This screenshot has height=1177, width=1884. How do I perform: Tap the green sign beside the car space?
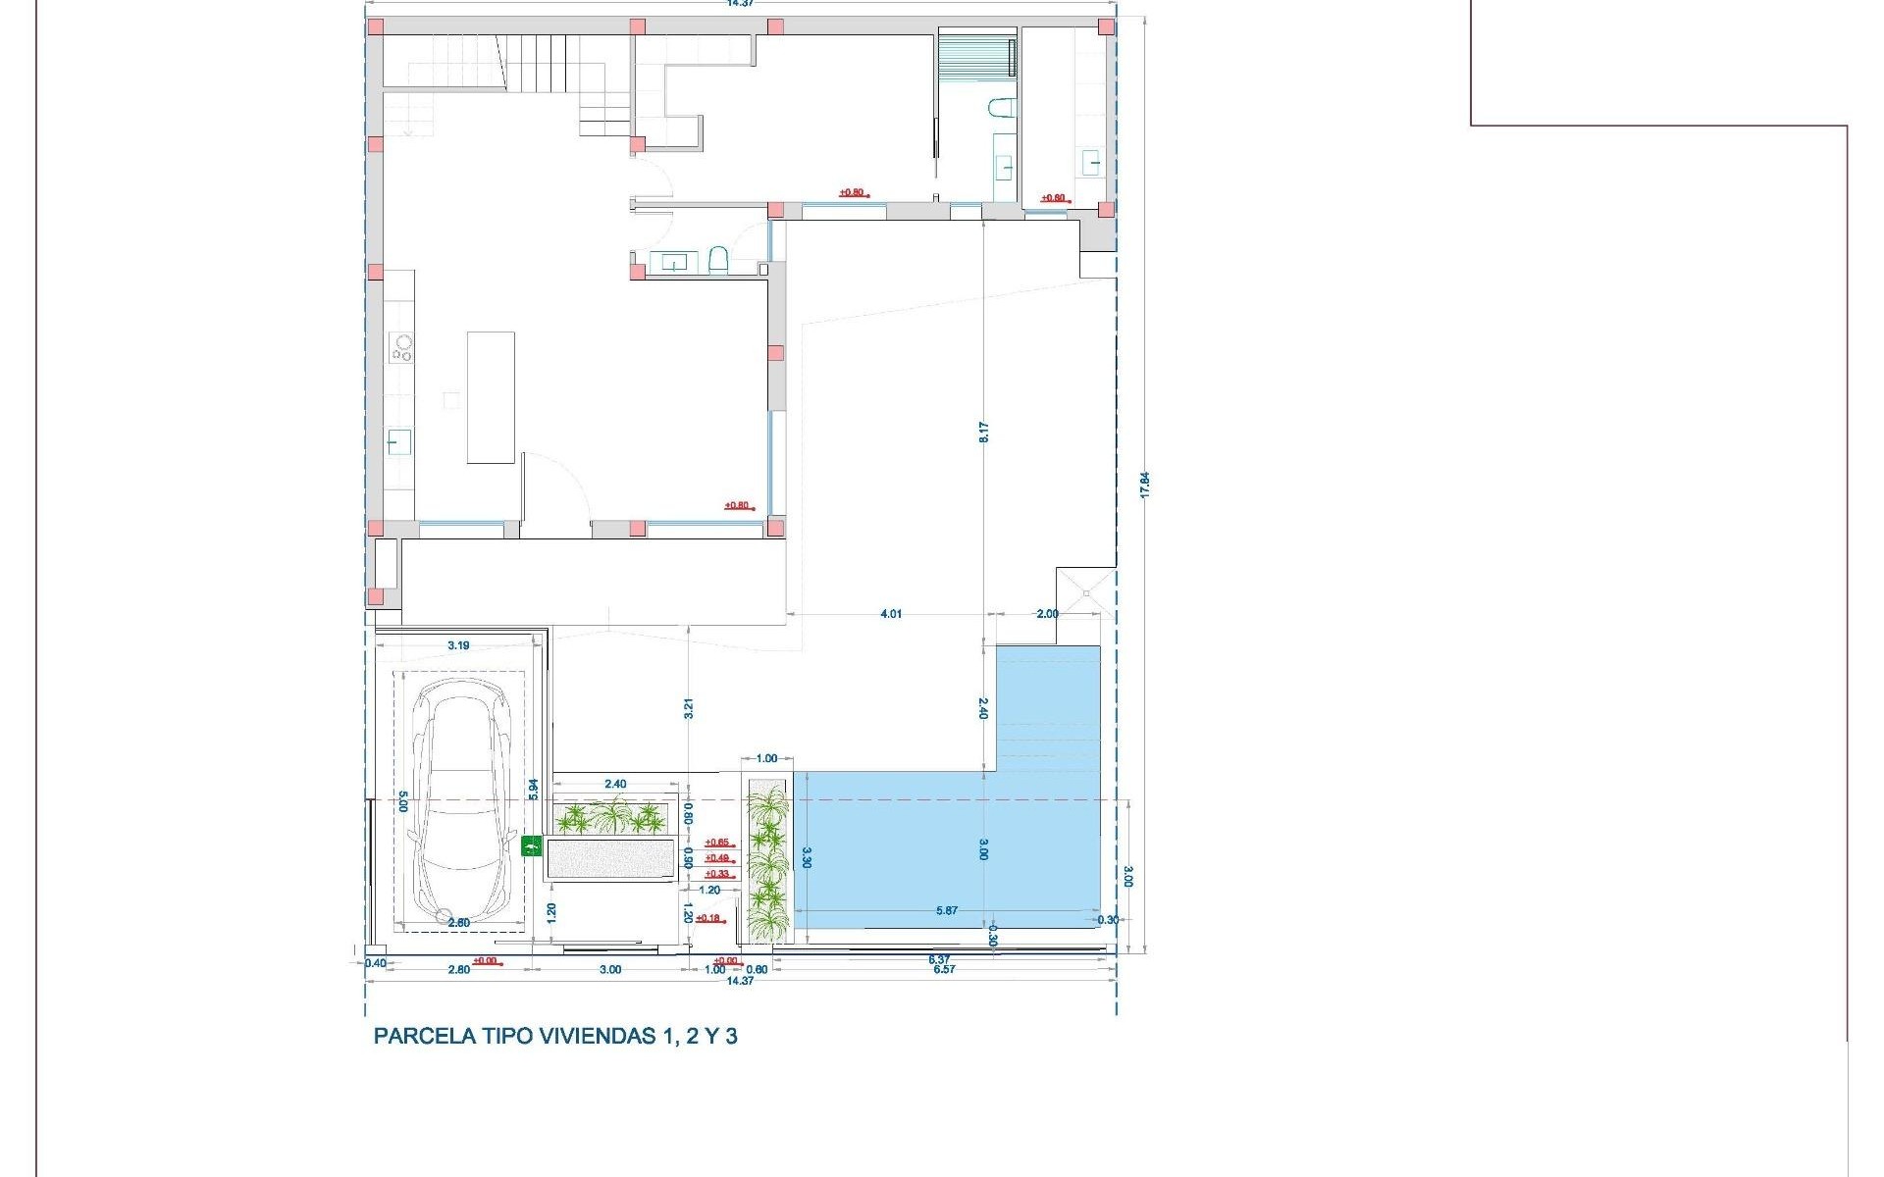click(532, 846)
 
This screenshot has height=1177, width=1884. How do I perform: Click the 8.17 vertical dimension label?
click(983, 432)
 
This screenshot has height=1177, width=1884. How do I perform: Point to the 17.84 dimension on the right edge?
click(1144, 485)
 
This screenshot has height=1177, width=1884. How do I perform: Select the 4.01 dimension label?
click(890, 614)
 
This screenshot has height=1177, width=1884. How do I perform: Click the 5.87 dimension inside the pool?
click(946, 911)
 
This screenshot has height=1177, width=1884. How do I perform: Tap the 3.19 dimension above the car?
click(458, 645)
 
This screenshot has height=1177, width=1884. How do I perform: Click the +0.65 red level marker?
click(717, 843)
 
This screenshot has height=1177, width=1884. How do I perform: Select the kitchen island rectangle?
click(491, 397)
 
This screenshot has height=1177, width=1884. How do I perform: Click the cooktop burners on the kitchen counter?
click(401, 348)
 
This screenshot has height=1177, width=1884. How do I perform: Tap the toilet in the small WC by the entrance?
click(717, 261)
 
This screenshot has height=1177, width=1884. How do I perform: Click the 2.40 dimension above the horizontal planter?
click(615, 784)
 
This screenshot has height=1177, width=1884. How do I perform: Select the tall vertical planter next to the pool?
click(766, 860)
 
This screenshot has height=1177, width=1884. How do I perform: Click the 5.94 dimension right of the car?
click(534, 789)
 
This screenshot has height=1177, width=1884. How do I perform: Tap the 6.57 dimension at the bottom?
click(944, 969)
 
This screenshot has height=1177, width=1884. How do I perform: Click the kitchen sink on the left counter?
click(399, 441)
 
